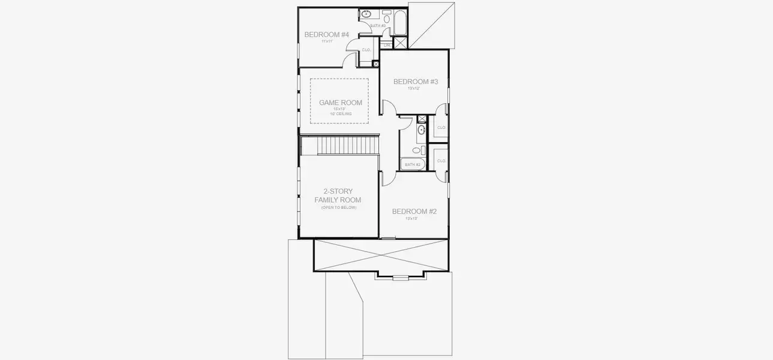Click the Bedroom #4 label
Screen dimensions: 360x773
326,35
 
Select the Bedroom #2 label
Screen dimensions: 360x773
414,211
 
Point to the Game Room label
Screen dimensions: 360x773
340,103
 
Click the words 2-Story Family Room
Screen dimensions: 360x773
338,196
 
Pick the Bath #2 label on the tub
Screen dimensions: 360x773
413,164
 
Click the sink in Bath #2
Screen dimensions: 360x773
421,130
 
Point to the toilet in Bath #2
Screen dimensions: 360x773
422,150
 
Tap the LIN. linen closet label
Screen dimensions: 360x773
387,45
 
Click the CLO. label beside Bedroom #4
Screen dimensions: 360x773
366,50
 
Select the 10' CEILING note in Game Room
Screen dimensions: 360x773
340,113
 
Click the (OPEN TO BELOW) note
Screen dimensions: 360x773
338,208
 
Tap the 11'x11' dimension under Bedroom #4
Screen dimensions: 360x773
326,41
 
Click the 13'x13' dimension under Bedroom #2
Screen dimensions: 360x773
411,218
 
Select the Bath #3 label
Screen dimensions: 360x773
377,26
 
